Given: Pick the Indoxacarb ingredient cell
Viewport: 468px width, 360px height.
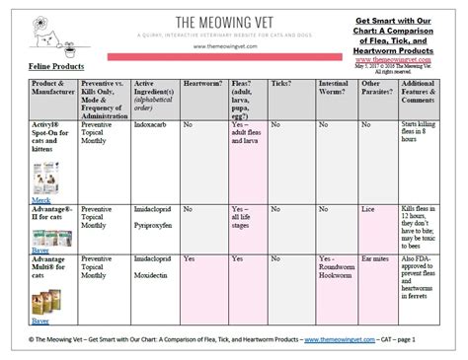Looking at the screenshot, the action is tap(153, 125).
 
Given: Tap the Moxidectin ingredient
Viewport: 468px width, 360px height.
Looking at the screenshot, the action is tap(153, 274).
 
